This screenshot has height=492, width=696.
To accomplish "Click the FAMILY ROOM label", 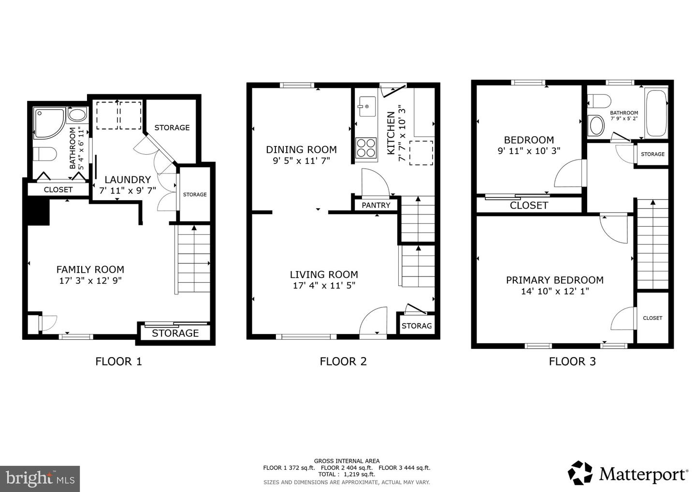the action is [x=90, y=269].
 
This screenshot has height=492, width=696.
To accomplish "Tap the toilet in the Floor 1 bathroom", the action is [x=45, y=154].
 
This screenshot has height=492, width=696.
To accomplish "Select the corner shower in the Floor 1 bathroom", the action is [x=49, y=123].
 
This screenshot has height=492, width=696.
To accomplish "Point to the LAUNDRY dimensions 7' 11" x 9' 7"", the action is [x=128, y=190].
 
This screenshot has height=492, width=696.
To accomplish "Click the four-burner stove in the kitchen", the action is [x=366, y=148].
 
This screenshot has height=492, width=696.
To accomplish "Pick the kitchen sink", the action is [x=367, y=106].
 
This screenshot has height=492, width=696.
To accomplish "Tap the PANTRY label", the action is [x=376, y=205].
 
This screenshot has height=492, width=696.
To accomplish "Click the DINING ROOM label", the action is [x=301, y=150].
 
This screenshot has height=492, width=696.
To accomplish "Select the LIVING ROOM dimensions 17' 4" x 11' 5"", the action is [x=324, y=286].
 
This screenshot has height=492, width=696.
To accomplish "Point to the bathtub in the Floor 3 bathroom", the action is [x=656, y=114].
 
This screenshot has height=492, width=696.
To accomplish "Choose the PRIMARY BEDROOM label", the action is [x=555, y=280].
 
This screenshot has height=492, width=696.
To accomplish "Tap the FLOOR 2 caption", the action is [x=343, y=362].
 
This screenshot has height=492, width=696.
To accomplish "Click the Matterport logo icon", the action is [x=580, y=473].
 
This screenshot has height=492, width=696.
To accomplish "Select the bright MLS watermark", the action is [x=40, y=478].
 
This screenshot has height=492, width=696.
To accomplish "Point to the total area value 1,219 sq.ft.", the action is [x=359, y=475].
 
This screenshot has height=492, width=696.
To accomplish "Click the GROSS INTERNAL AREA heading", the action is [x=347, y=461].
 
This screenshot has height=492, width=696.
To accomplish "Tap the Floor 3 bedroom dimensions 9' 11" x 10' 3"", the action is [x=529, y=151].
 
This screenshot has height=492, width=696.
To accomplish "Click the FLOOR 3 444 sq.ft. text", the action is [x=405, y=468].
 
